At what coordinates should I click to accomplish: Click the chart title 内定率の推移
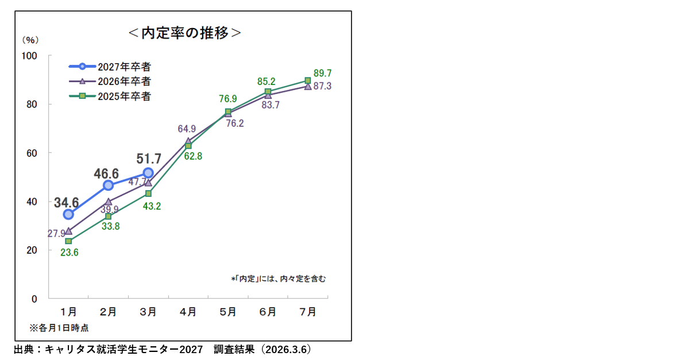tap(184, 33)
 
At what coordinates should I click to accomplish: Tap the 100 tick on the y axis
tap(30, 56)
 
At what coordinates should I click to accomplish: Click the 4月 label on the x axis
tap(188, 312)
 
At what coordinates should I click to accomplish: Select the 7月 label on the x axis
tap(308, 312)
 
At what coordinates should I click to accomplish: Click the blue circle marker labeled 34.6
tap(68, 214)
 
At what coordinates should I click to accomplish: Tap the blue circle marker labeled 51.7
tap(148, 172)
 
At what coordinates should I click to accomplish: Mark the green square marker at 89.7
tap(308, 80)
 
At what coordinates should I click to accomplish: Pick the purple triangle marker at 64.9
tap(188, 141)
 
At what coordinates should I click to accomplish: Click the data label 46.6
tap(107, 173)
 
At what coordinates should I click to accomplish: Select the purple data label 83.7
tap(269, 105)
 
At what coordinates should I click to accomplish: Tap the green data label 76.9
tap(228, 99)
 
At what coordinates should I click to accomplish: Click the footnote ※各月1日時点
tap(59, 328)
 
